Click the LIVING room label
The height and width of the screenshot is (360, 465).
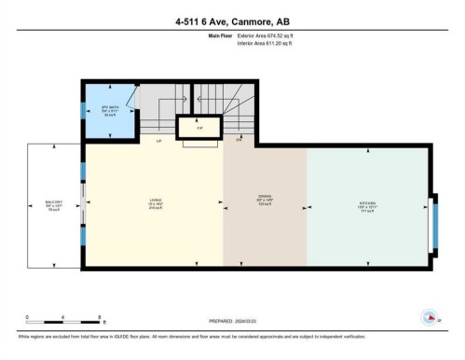pyautogui.click(x=156, y=201)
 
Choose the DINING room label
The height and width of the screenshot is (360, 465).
pyautogui.click(x=265, y=199)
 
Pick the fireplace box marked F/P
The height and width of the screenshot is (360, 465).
pyautogui.click(x=198, y=125)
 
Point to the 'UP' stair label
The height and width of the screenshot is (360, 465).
pyautogui.click(x=158, y=143)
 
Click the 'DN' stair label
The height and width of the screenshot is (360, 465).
pyautogui.click(x=239, y=142)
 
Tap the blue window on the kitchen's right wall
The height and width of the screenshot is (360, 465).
pyautogui.click(x=434, y=225)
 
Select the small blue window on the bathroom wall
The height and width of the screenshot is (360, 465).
pyautogui.click(x=82, y=109)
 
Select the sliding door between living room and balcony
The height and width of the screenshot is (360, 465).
pyautogui.click(x=82, y=204)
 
